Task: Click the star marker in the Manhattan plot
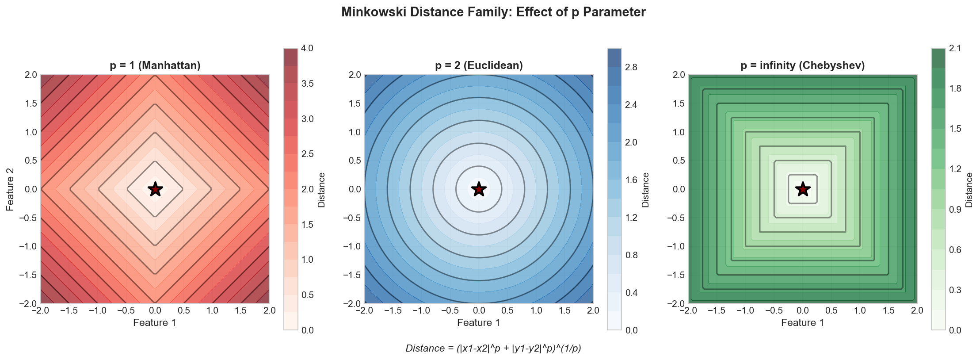point(155,189)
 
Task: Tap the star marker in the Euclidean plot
point(479,189)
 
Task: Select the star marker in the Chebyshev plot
point(803,189)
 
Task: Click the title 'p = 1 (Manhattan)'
point(155,65)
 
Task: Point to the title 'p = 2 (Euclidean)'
point(479,65)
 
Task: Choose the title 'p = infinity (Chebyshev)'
point(802,65)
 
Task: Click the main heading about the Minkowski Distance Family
point(493,12)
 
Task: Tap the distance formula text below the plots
point(493,349)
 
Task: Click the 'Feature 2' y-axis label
point(10,189)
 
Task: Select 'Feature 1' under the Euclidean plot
point(479,323)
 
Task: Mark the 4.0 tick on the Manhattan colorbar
point(307,48)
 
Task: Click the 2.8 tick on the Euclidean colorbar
point(631,67)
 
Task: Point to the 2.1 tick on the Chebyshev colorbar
point(955,48)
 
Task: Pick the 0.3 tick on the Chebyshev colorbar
point(955,290)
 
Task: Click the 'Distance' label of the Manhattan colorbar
point(322,190)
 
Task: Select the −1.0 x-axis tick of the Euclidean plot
point(421,310)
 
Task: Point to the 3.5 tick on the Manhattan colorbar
point(307,84)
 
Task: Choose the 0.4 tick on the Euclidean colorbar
point(631,293)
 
